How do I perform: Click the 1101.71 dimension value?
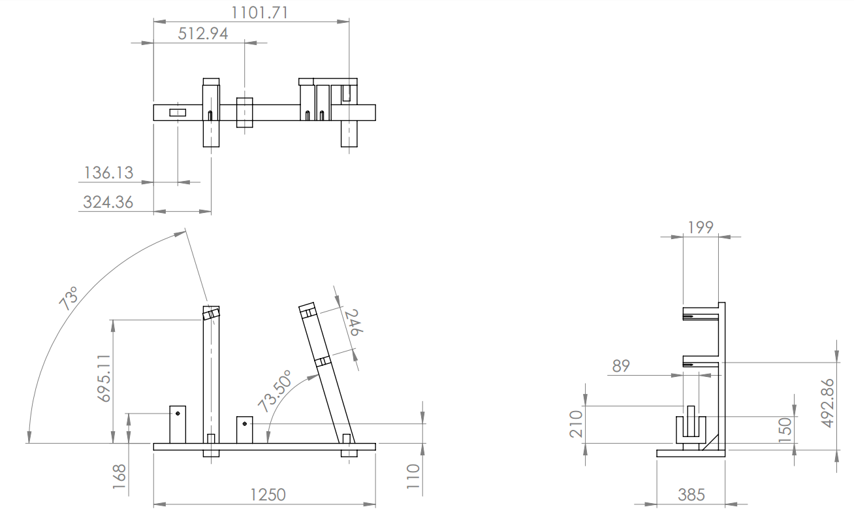tap(259, 12)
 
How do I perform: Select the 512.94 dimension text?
tap(203, 33)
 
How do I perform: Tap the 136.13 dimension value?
tap(108, 172)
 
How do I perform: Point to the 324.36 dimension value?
tap(108, 202)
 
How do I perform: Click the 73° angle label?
tap(69, 298)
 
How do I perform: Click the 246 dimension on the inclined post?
tap(351, 323)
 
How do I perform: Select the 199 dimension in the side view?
tap(701, 227)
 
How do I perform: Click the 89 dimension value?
tap(621, 366)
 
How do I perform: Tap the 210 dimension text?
tap(576, 425)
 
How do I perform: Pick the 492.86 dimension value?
tap(827, 403)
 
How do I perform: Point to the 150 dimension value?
tap(785, 431)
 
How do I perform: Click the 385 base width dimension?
tap(691, 495)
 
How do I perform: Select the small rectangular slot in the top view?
tap(178, 112)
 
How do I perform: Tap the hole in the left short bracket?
tap(177, 414)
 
